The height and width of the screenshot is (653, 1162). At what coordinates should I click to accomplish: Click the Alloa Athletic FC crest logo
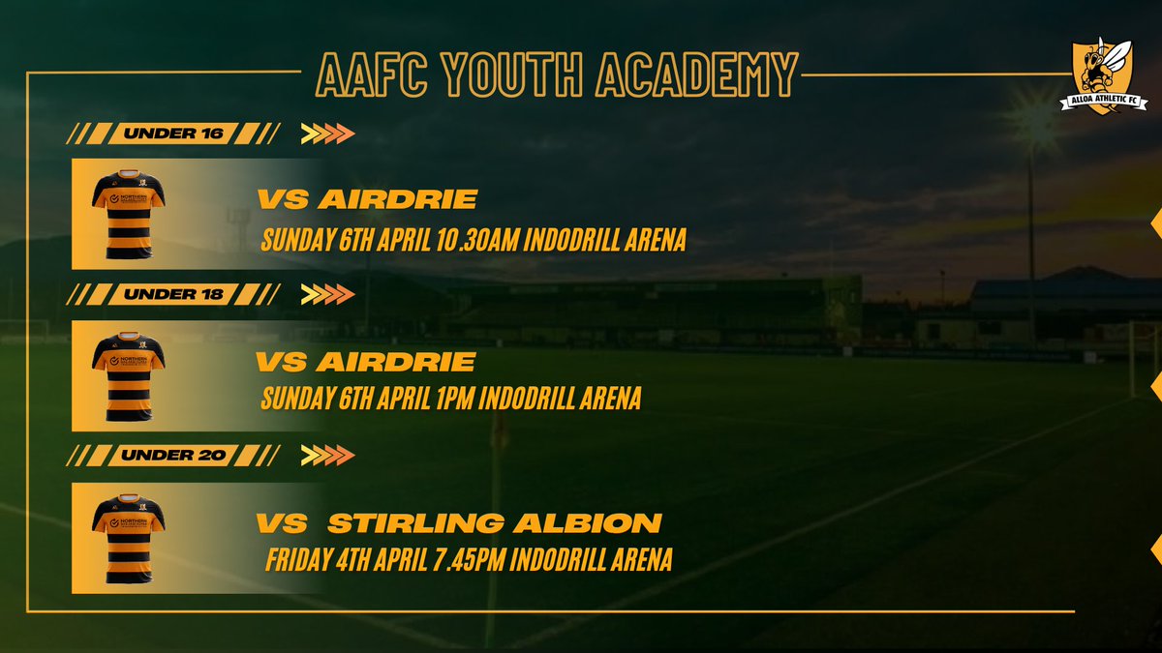[x=1109, y=76]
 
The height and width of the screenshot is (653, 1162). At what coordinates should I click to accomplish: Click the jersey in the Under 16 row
[x=128, y=214]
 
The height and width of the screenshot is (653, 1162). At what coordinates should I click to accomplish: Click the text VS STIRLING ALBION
[x=459, y=523]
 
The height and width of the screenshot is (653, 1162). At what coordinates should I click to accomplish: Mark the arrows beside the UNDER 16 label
[x=327, y=134]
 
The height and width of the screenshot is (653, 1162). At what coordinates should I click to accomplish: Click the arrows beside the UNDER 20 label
[x=327, y=455]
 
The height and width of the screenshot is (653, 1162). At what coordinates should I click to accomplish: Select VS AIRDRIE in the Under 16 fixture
[x=366, y=200]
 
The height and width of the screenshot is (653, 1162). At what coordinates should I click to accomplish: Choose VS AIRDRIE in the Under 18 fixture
[x=366, y=362]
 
